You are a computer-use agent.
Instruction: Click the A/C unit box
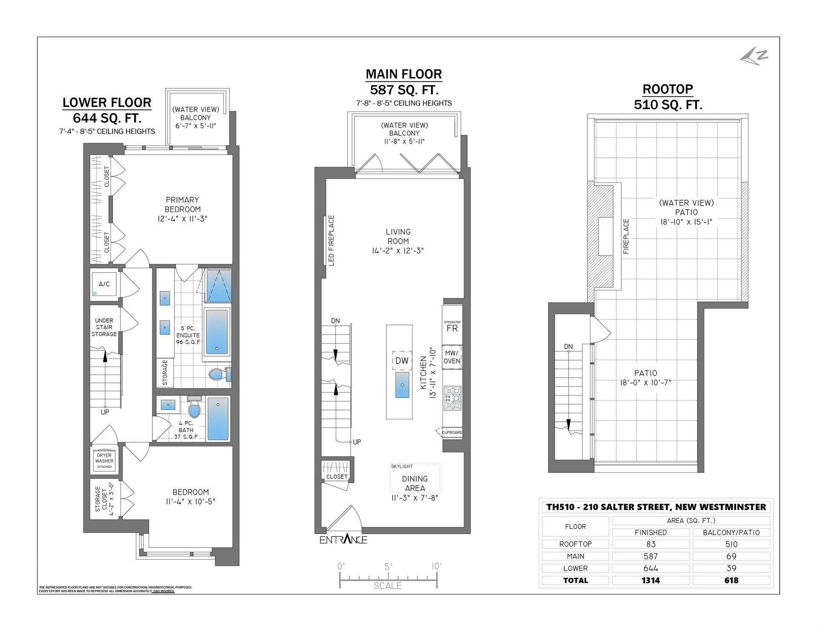[x=104, y=284]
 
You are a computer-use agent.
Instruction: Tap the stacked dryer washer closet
[x=104, y=460]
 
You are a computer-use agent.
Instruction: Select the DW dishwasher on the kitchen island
[x=401, y=361]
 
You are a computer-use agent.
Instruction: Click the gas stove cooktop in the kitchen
[x=452, y=398]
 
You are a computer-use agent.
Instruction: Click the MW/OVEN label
[x=452, y=357]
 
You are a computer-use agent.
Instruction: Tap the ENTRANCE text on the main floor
[x=343, y=540]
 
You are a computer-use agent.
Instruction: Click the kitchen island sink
[x=402, y=384]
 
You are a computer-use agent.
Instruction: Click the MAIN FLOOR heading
[x=404, y=74]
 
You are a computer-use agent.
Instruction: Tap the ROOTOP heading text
[x=668, y=89]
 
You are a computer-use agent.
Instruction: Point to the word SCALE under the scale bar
[x=388, y=586]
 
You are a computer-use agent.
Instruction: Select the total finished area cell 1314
[x=651, y=580]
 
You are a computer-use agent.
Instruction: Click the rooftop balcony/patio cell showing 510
[x=731, y=544]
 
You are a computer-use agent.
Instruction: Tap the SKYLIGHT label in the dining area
[x=402, y=466]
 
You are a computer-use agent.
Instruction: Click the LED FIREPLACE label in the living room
[x=331, y=241]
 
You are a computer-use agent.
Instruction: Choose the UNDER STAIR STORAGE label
[x=104, y=327]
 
